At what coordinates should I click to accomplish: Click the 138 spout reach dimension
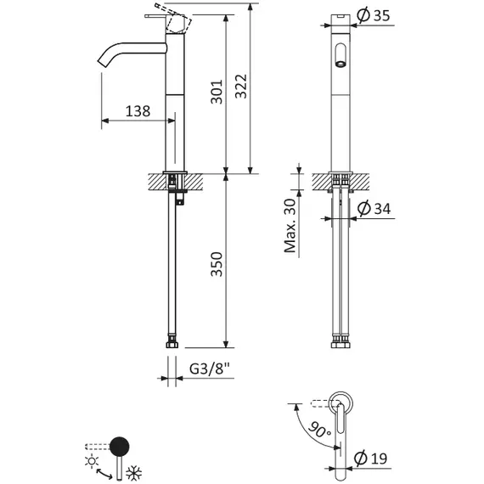click(138, 110)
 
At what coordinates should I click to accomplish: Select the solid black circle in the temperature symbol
click(121, 444)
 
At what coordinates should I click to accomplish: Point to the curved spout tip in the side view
click(104, 63)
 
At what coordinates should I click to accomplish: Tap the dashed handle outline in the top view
click(322, 402)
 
